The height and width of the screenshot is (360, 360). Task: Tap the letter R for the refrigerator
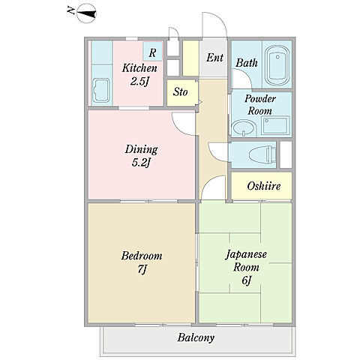click(152, 52)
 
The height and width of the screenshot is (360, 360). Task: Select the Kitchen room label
click(139, 68)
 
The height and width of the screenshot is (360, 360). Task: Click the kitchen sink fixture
click(101, 90)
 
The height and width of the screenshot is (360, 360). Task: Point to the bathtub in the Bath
click(277, 65)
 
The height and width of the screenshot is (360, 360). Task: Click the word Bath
click(247, 62)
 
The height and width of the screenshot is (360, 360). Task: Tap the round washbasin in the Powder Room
click(243, 128)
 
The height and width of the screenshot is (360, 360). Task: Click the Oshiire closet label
click(264, 186)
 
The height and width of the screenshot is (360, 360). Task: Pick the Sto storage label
click(180, 92)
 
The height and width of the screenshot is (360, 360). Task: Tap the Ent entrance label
click(214, 58)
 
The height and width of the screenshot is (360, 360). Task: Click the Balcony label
click(196, 337)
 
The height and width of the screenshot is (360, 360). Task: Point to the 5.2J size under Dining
click(141, 163)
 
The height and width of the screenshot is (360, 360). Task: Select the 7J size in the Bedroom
click(142, 269)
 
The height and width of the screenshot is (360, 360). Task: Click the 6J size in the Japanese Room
click(246, 280)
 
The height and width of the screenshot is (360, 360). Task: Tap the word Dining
click(141, 150)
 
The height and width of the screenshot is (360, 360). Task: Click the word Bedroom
click(142, 256)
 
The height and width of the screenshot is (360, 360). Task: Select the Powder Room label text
click(260, 104)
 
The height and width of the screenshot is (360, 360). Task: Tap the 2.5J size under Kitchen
click(139, 81)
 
